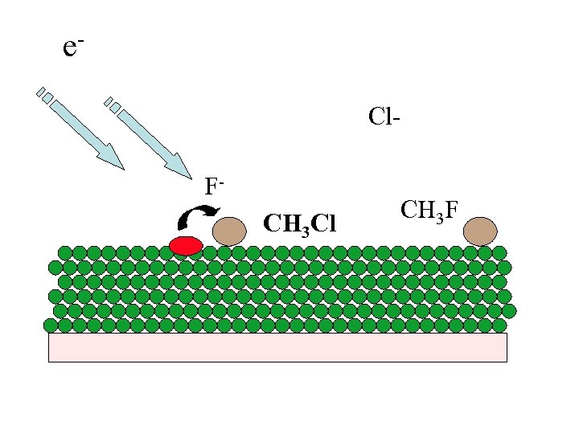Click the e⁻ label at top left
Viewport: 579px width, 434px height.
point(72,47)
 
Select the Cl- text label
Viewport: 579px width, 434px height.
point(384,117)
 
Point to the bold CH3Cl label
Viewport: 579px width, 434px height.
point(300,223)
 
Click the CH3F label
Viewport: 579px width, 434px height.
point(429,211)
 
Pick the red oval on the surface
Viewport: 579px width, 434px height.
point(186,245)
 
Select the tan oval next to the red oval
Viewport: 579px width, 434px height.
point(229,231)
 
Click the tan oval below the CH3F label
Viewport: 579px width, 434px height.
point(480,231)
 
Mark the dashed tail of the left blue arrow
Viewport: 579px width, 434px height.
point(45,95)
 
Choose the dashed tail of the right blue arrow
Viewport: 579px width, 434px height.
point(113,104)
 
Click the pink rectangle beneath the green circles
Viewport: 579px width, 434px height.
point(277,347)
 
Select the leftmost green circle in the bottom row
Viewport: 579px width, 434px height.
point(51,325)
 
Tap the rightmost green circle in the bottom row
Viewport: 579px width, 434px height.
point(499,325)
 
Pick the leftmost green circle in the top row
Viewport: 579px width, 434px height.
point(64,252)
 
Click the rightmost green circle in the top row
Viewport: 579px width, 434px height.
point(499,252)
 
